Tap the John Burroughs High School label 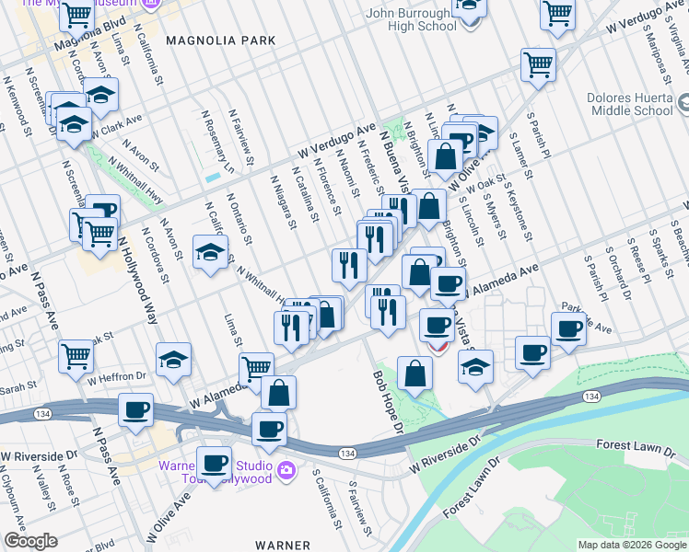point(412,19)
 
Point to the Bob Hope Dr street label point(388,402)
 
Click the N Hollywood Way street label point(137,280)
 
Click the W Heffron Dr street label point(117,377)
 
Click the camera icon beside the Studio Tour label point(286,471)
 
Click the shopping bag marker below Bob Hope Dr point(415,374)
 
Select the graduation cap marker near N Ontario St point(210,252)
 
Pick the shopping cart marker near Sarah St point(76,356)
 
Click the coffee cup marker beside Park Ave point(568,328)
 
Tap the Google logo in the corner point(30,542)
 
